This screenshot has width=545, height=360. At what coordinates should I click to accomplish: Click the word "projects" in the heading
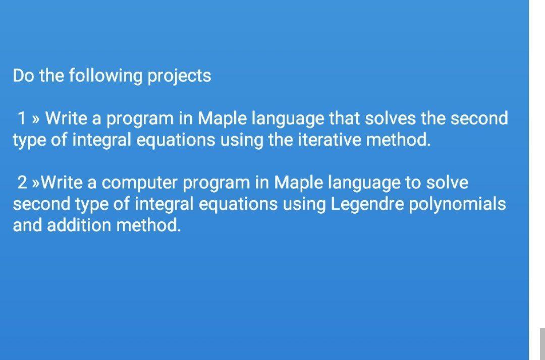[x=179, y=76]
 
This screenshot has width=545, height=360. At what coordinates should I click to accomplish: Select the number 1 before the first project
[x=22, y=118]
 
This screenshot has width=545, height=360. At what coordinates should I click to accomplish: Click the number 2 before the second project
[x=22, y=183]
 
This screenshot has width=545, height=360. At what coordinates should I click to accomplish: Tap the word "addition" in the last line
[x=79, y=225]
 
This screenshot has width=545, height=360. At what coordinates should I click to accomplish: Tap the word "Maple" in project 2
[x=299, y=183]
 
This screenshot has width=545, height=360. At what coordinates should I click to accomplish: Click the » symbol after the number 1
[x=35, y=119]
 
